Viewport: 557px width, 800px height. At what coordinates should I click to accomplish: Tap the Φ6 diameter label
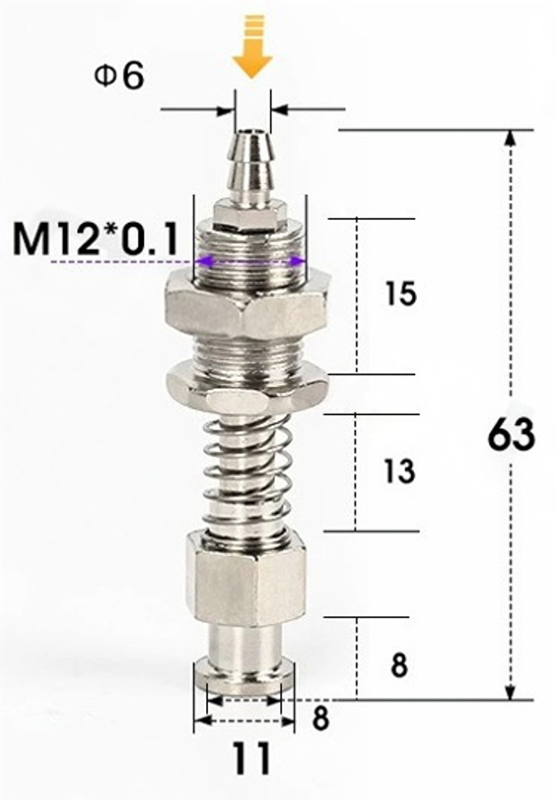pyautogui.click(x=119, y=76)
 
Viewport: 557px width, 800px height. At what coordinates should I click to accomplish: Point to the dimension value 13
pyautogui.click(x=398, y=471)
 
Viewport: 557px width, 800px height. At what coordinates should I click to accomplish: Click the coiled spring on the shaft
pyautogui.click(x=245, y=473)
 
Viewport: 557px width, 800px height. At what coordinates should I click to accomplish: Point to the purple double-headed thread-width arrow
pyautogui.click(x=251, y=262)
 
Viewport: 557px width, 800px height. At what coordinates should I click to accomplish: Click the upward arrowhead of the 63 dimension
pyautogui.click(x=510, y=139)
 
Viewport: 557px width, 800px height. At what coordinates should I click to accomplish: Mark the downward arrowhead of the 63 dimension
pyautogui.click(x=510, y=690)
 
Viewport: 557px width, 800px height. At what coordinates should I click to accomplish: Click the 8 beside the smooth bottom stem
pyautogui.click(x=399, y=665)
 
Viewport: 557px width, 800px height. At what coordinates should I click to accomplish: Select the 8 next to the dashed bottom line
pyautogui.click(x=320, y=719)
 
